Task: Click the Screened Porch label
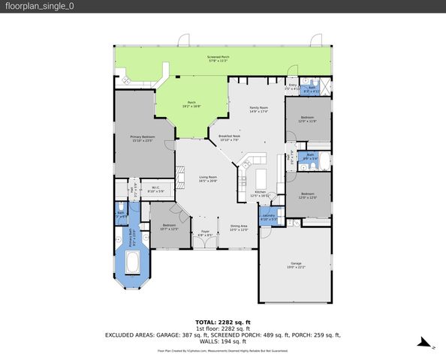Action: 218,58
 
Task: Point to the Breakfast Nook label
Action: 228,137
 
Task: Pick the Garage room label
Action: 296,264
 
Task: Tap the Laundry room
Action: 268,217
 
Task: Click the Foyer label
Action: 204,233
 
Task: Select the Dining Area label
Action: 239,227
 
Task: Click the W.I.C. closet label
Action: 155,189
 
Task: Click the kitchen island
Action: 261,178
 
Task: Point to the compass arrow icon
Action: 426,344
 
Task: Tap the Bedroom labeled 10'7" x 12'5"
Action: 170,226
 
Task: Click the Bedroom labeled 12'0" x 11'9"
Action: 308,119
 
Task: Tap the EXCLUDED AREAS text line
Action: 222,335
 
